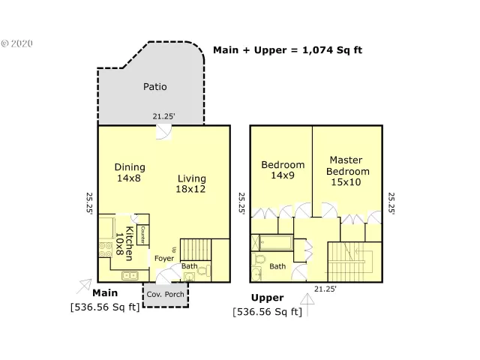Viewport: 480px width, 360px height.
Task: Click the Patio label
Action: [154, 86]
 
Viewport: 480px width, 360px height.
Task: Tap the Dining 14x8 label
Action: [130, 172]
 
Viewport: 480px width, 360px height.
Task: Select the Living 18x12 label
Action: [191, 184]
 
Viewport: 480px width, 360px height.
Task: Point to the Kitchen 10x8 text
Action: [124, 241]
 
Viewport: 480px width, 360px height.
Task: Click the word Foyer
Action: [164, 258]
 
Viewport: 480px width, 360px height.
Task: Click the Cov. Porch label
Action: [165, 294]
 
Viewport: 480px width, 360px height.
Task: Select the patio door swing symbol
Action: [163, 132]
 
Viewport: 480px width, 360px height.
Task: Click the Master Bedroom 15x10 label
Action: [345, 171]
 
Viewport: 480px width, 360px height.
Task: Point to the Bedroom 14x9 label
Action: [283, 170]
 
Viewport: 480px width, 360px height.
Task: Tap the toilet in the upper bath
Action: [259, 262]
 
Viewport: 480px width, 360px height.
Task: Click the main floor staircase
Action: [197, 248]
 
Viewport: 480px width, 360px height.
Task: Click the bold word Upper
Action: [267, 298]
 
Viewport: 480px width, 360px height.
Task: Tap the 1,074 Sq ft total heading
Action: [287, 50]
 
